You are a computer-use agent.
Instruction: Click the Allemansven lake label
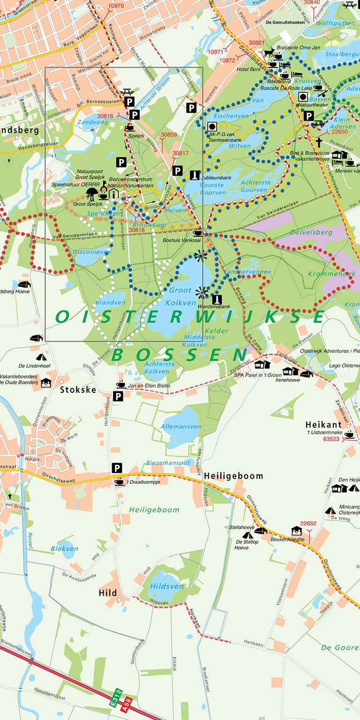(x=180, y=427)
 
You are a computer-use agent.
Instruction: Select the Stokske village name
(x=78, y=390)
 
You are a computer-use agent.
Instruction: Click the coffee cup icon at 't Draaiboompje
(x=120, y=481)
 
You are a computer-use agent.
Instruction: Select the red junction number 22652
(x=308, y=524)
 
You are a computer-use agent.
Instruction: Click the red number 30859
(x=169, y=135)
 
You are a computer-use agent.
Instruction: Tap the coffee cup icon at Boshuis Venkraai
(x=197, y=233)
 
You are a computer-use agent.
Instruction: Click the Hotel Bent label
(x=248, y=69)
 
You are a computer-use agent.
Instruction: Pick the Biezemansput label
(x=168, y=462)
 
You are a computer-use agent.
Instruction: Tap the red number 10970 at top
(x=116, y=6)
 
